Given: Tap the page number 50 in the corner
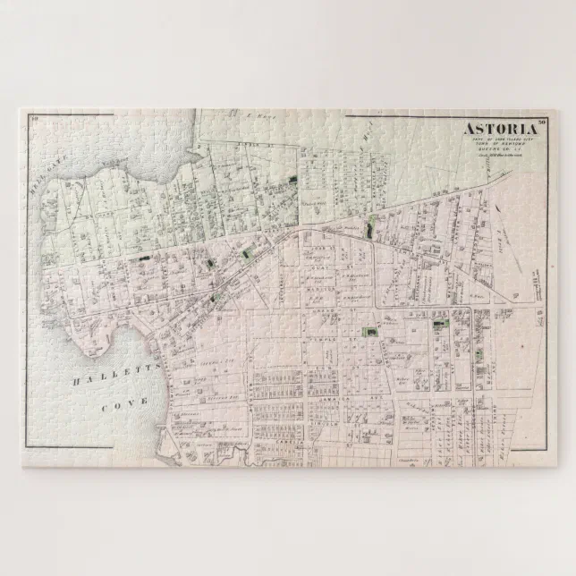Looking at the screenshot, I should click(x=542, y=122).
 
